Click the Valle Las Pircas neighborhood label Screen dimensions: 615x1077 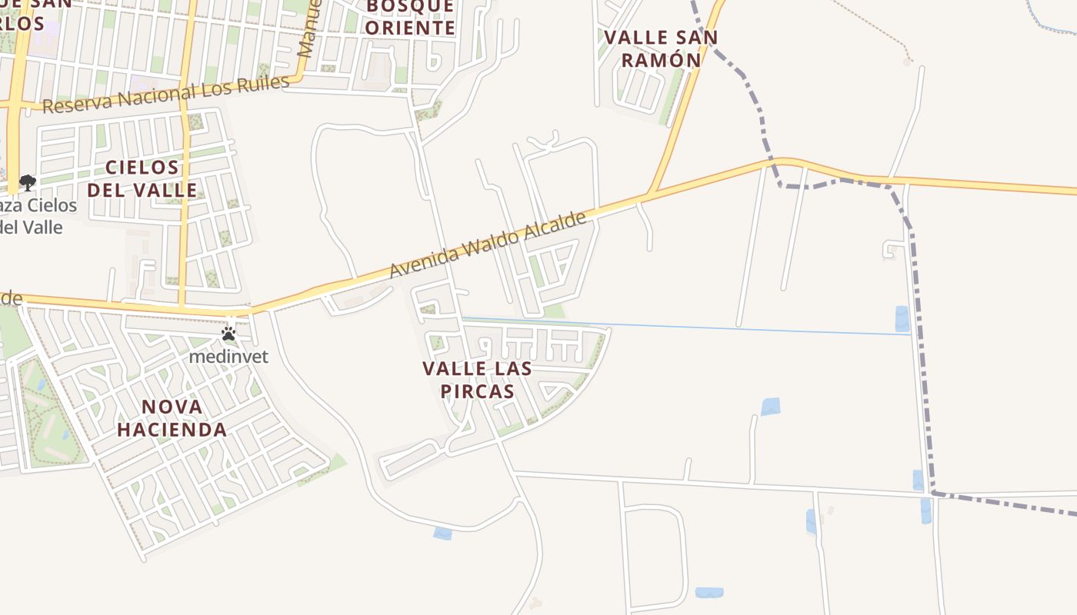[x=477, y=380]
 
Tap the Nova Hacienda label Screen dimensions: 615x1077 [x=172, y=418]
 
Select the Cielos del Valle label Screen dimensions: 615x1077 [x=142, y=178]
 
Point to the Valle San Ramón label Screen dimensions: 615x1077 [x=660, y=48]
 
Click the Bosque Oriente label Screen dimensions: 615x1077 [x=409, y=17]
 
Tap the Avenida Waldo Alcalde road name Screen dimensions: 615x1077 [x=488, y=244]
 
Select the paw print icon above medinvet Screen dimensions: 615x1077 [x=228, y=334]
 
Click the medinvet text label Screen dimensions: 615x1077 [x=228, y=357]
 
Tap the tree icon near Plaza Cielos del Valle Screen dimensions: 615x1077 [x=28, y=183]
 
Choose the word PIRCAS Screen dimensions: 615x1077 [x=477, y=391]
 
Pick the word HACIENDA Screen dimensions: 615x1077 [x=172, y=430]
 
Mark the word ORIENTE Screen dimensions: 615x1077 [x=409, y=28]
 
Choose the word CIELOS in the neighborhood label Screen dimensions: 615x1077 [x=142, y=168]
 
